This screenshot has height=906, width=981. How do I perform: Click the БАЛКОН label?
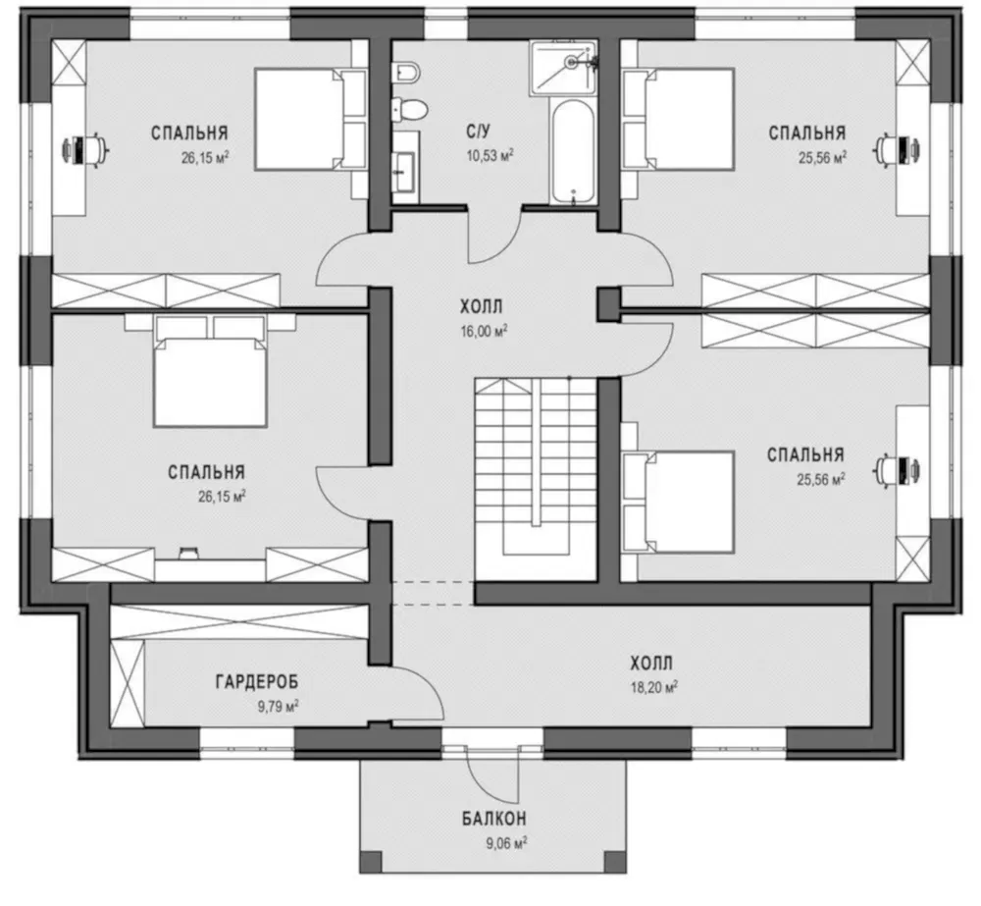[494, 819]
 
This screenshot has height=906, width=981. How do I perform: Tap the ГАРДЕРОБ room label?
[257, 681]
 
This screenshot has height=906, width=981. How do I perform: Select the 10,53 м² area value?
[490, 155]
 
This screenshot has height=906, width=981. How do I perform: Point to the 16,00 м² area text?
[484, 331]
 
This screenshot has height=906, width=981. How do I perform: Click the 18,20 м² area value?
[654, 687]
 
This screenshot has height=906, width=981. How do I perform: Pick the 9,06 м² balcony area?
[507, 843]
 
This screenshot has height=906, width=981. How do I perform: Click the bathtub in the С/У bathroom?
[573, 151]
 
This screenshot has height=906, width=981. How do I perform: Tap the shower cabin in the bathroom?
[563, 68]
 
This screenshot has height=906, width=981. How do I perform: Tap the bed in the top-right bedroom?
[679, 119]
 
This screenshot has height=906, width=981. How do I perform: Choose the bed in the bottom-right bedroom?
[679, 503]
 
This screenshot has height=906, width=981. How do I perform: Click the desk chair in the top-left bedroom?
[85, 149]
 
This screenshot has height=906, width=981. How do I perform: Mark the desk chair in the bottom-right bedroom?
[898, 469]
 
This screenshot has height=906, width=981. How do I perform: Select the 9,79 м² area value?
[278, 707]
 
